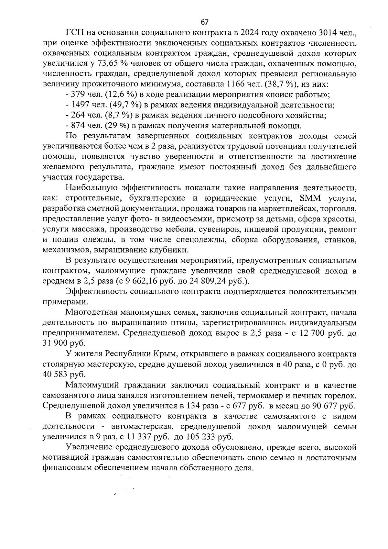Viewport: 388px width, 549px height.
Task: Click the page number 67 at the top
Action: [205, 22]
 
